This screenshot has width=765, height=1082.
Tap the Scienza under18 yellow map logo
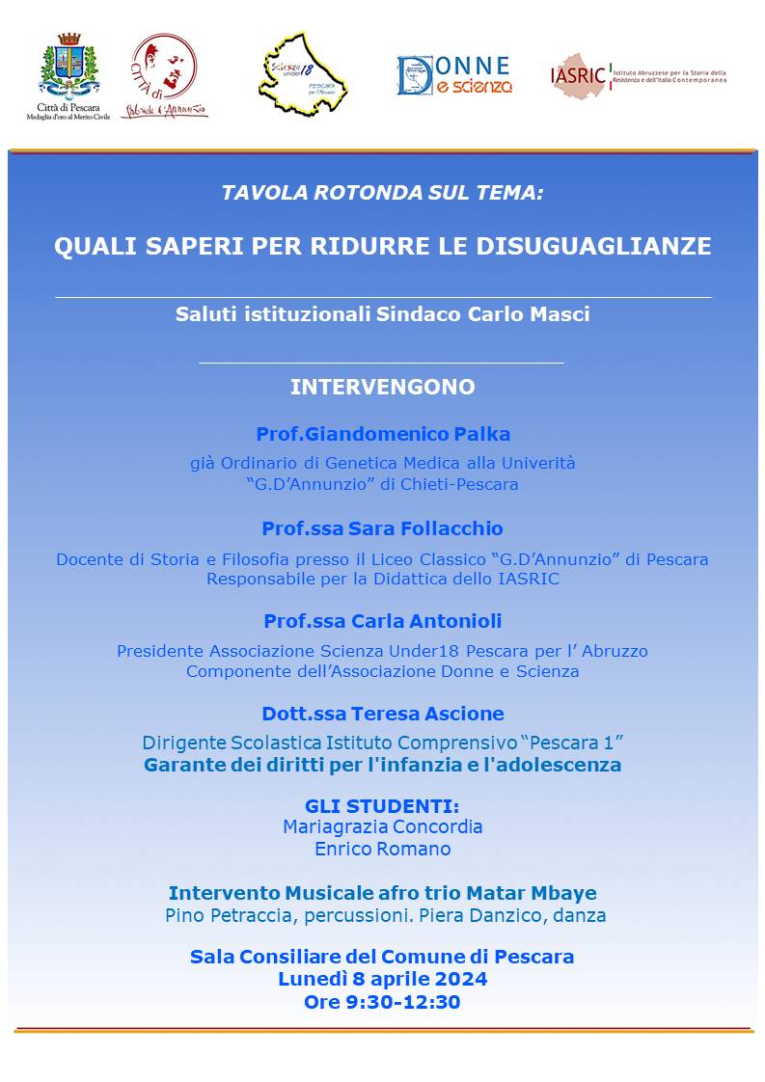tap(303, 74)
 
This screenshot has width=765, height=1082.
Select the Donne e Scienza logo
tap(454, 75)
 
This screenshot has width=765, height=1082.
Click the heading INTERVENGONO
tap(383, 388)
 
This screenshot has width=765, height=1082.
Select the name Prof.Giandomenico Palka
tap(383, 434)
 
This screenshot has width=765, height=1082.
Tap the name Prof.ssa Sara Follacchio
tap(383, 528)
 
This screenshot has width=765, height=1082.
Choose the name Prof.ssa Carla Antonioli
tap(383, 621)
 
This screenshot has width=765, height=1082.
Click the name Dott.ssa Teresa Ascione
tap(383, 714)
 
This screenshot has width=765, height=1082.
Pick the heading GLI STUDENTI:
tap(383, 806)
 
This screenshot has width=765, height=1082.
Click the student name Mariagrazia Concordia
tap(383, 827)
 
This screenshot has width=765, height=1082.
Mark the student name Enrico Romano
tap(383, 850)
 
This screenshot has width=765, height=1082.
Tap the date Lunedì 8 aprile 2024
tap(383, 979)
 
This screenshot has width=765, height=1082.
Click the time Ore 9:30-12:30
tap(383, 1002)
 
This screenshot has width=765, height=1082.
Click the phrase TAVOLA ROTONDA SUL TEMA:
tap(383, 192)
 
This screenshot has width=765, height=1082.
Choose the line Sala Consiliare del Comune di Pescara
tap(383, 957)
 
